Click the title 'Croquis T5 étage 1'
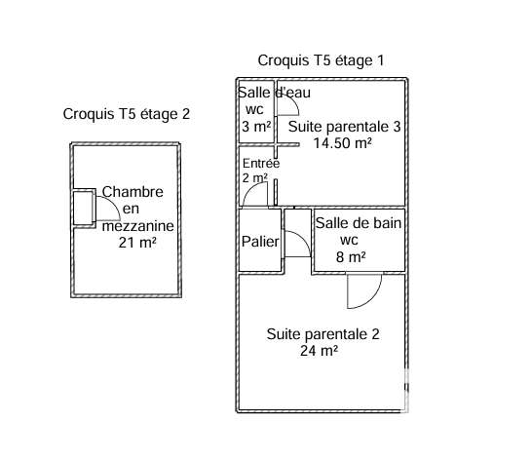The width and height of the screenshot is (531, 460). click(x=321, y=61)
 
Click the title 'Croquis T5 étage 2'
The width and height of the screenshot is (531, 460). click(x=127, y=114)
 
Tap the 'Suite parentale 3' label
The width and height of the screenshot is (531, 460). click(x=344, y=127)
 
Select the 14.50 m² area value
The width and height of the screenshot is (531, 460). click(x=342, y=143)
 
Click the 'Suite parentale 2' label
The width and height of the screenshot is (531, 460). click(x=323, y=334)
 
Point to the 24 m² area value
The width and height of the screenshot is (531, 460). click(x=319, y=351)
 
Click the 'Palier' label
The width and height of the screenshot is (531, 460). click(x=260, y=242)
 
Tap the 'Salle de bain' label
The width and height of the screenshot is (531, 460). click(x=359, y=223)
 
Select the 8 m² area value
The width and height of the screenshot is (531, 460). click(x=351, y=257)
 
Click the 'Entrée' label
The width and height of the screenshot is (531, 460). click(x=261, y=164)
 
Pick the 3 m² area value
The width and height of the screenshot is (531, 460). click(x=256, y=127)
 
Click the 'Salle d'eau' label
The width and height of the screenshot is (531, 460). click(x=274, y=93)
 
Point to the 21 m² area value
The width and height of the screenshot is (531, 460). click(x=137, y=243)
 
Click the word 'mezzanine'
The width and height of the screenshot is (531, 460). click(x=137, y=226)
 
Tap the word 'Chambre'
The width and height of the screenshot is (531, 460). click(x=133, y=192)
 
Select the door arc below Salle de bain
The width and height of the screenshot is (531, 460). click(x=372, y=299)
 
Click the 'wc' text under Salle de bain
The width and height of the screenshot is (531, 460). click(x=349, y=241)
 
